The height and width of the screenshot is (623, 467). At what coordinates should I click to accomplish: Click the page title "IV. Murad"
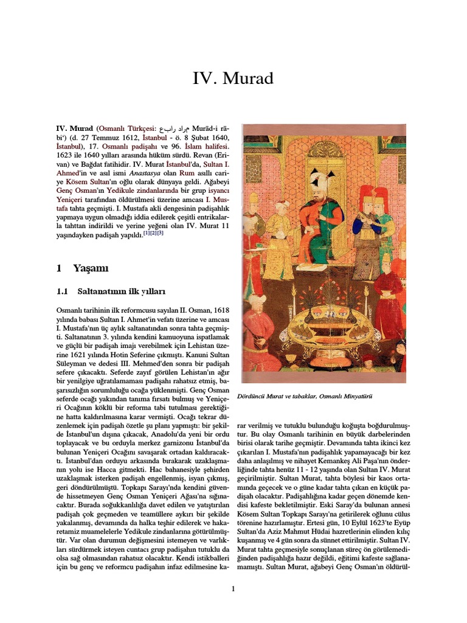(233, 78)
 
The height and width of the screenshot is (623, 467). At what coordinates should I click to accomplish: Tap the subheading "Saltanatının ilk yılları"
(121, 291)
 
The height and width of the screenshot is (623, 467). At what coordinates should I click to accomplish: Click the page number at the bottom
(233, 588)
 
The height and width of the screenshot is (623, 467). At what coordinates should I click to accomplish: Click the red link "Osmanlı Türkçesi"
(123, 130)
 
